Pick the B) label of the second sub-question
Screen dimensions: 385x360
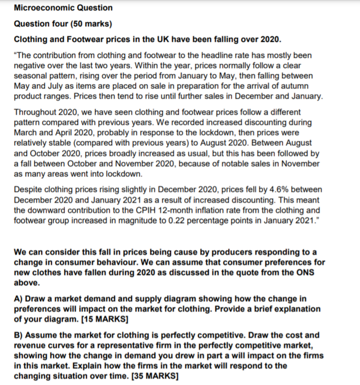point(19,335)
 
